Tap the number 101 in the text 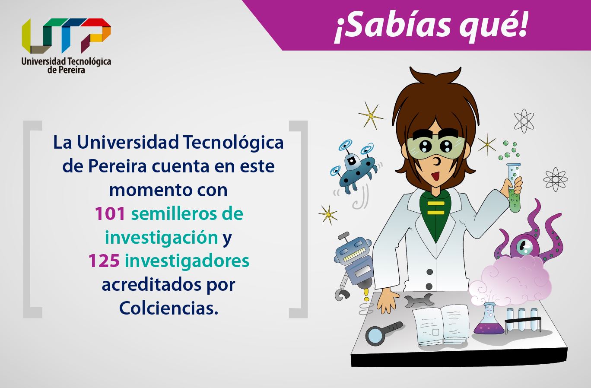(x=109, y=213)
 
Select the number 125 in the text (x=104, y=261)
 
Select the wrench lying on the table (x=418, y=299)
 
